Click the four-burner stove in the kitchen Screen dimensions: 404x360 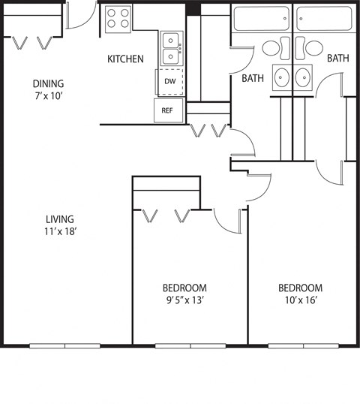coord(117,17)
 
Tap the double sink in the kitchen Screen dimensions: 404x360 coord(171,47)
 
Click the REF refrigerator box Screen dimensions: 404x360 coord(167,110)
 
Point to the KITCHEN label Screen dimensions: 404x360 coord(125,59)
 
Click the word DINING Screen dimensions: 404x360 coord(47,83)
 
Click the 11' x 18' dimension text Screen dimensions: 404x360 coord(61,232)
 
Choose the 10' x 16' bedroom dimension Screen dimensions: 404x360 coord(300,300)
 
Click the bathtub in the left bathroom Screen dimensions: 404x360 coord(261,18)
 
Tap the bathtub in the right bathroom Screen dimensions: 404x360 coord(322,18)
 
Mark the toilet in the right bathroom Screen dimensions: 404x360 coord(312,48)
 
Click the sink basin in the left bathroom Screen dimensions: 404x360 coord(282,77)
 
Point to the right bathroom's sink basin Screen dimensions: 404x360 coord(303,77)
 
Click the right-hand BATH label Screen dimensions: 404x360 coord(337,58)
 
